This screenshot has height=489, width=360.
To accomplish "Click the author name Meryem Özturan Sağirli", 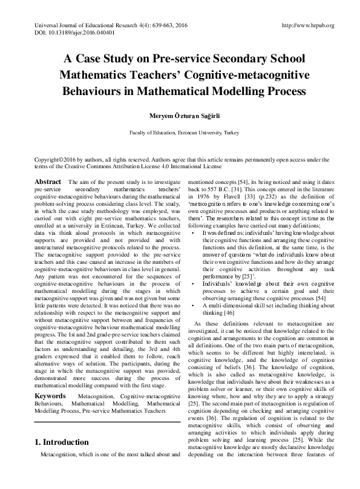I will (180, 115).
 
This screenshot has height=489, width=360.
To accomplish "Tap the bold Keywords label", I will (50, 378).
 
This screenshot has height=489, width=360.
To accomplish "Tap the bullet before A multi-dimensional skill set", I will (192, 306).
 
